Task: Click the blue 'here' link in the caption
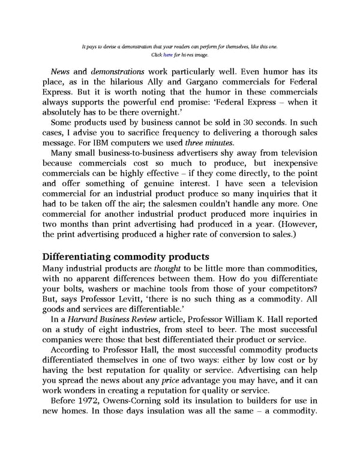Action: [x=167, y=55]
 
